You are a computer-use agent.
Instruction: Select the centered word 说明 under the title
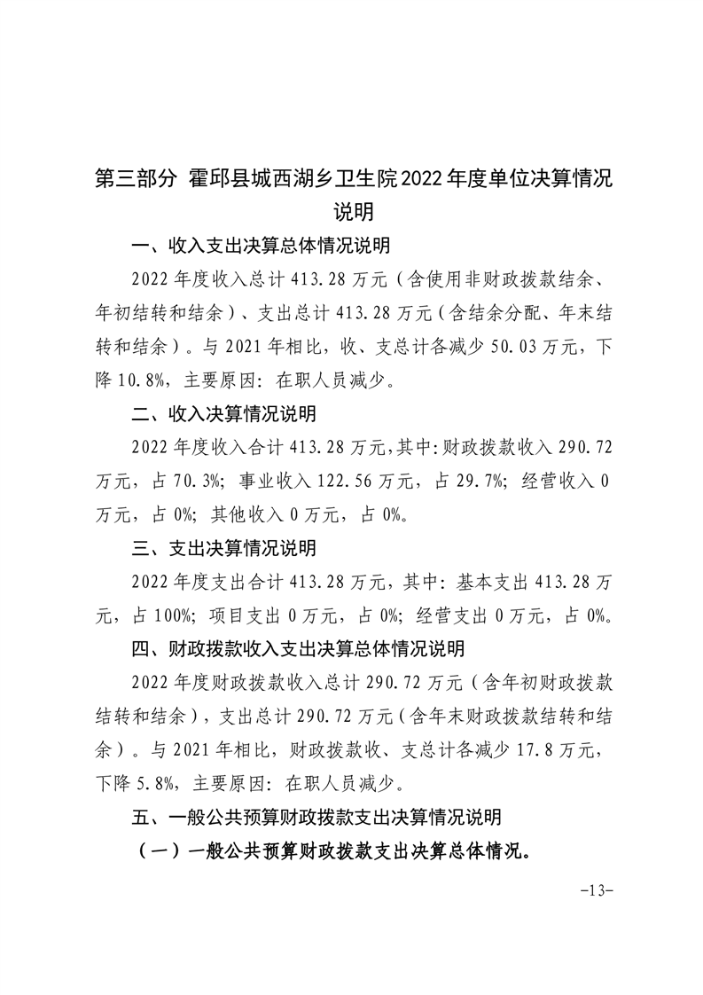click(x=352, y=213)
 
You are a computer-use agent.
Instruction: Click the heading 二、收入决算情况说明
click(x=223, y=414)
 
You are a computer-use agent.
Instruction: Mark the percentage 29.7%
click(x=478, y=481)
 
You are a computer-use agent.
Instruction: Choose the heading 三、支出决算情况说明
click(x=223, y=549)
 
